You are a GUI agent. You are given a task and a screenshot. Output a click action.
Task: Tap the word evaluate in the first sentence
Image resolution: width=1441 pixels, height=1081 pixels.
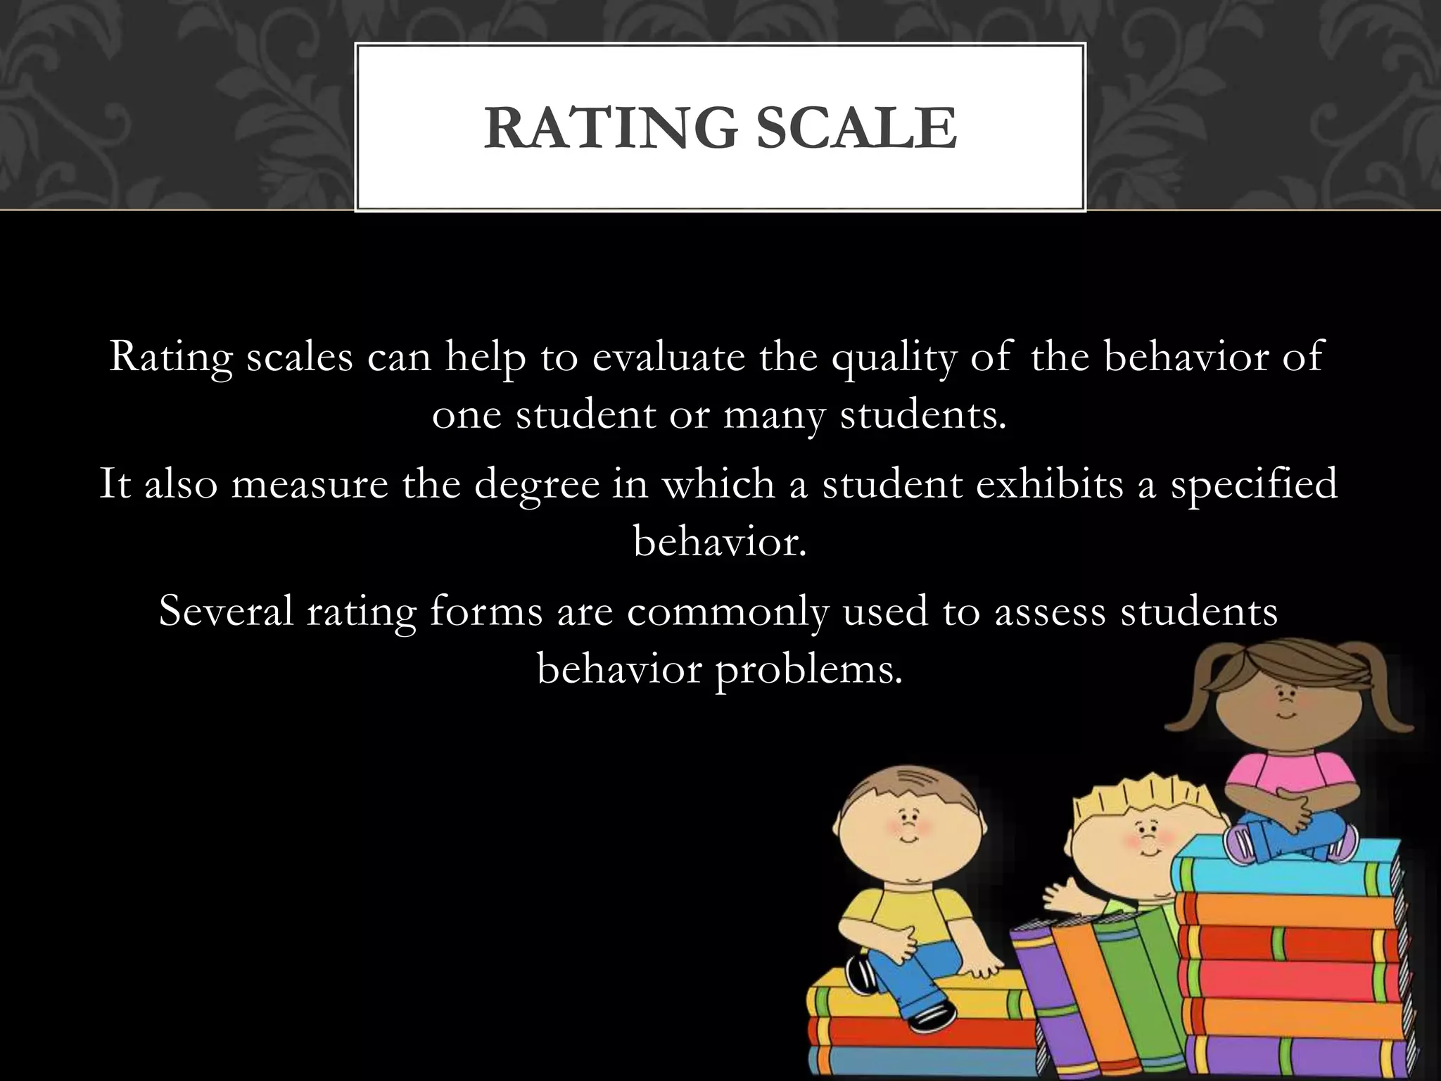(x=668, y=357)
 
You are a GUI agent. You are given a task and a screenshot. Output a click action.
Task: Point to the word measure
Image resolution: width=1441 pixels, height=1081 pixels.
(x=310, y=484)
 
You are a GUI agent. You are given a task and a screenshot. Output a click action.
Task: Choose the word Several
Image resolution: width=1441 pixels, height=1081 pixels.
(x=225, y=611)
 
